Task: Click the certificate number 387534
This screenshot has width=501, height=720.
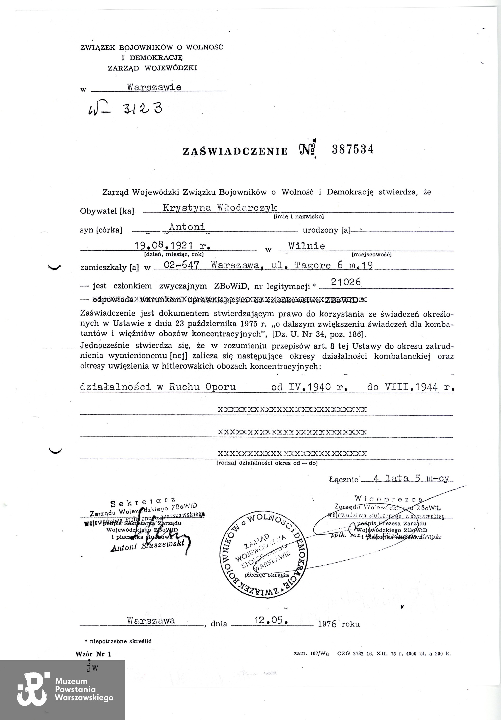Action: (x=353, y=149)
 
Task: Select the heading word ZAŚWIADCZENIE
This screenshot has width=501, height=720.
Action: (x=235, y=151)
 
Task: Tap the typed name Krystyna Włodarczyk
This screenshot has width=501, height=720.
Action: (x=220, y=208)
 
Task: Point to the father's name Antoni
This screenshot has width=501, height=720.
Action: (x=187, y=226)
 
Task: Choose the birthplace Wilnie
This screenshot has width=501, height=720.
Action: (x=307, y=246)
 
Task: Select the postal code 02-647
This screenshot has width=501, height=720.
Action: (x=181, y=265)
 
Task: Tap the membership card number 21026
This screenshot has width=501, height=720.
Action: (x=346, y=282)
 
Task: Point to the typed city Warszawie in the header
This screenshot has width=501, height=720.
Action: (x=154, y=87)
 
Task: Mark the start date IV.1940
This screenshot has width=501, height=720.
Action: (x=309, y=387)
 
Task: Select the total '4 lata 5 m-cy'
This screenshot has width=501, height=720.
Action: (x=411, y=479)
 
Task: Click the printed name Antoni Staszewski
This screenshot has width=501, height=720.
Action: (x=147, y=546)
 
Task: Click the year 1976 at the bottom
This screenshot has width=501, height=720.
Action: (x=327, y=624)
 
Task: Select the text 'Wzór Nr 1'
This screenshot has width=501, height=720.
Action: (x=93, y=654)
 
